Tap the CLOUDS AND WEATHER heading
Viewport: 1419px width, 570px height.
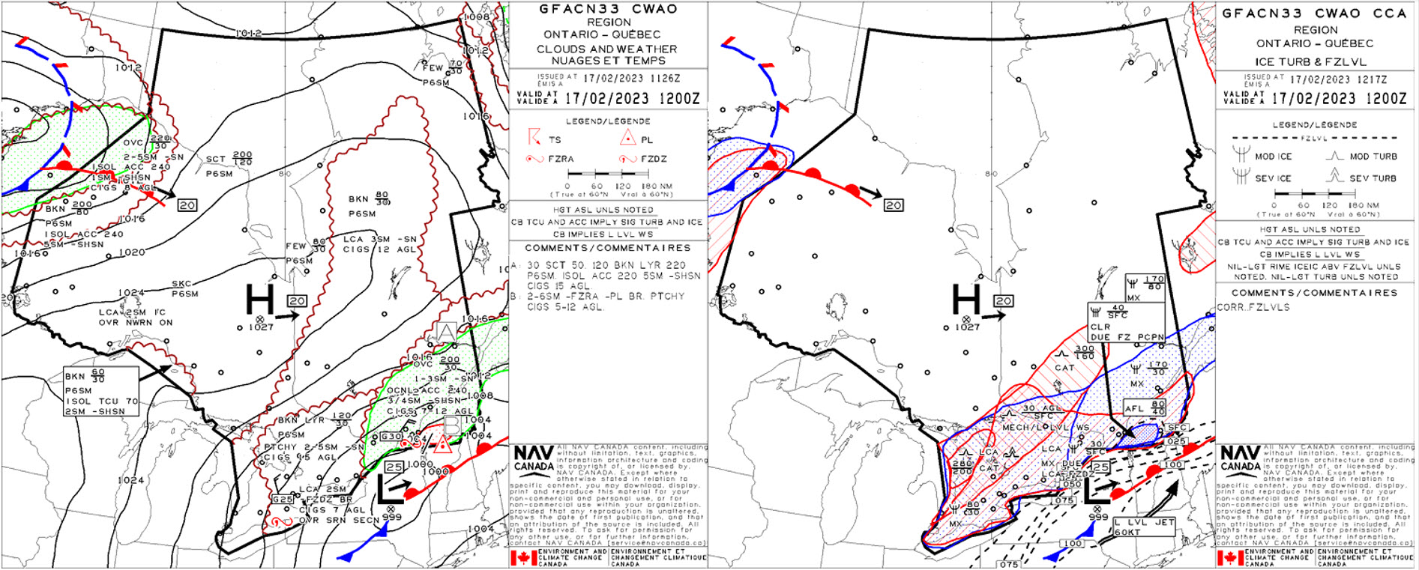tap(606, 49)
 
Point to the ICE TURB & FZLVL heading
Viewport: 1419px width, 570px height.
tap(1311, 62)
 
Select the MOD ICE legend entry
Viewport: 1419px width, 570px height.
tap(1273, 157)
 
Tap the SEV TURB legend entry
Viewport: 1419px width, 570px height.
tap(1373, 178)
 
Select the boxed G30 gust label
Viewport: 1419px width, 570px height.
tap(391, 437)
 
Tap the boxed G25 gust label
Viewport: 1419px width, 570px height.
tap(283, 500)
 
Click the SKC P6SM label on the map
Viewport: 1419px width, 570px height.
tap(184, 288)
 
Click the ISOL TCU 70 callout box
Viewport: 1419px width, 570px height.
tap(101, 391)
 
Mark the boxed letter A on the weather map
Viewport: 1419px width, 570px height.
tap(446, 331)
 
